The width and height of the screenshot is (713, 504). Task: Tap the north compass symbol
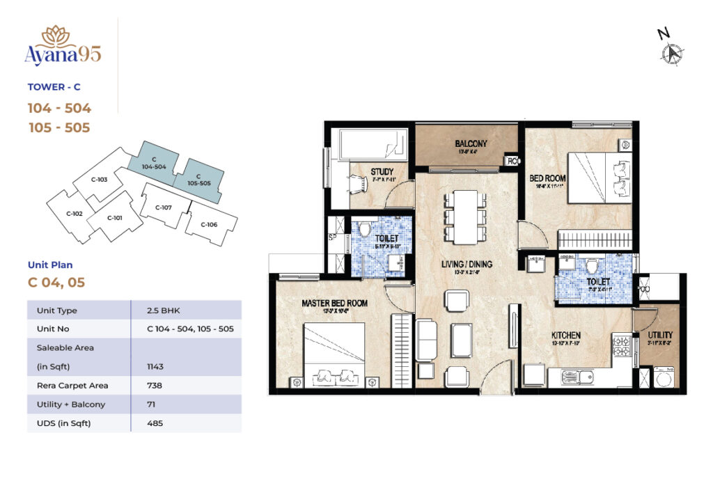(673, 52)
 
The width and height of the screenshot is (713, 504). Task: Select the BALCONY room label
(471, 144)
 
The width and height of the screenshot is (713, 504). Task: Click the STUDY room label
(382, 172)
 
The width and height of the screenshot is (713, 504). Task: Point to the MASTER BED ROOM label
(334, 304)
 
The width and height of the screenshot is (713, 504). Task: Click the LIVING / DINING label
(466, 265)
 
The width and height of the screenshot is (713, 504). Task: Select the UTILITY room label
(659, 335)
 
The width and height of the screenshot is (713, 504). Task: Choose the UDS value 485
(155, 423)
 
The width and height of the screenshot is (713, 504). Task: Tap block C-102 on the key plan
(74, 213)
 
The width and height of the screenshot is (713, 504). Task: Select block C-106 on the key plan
(209, 224)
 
